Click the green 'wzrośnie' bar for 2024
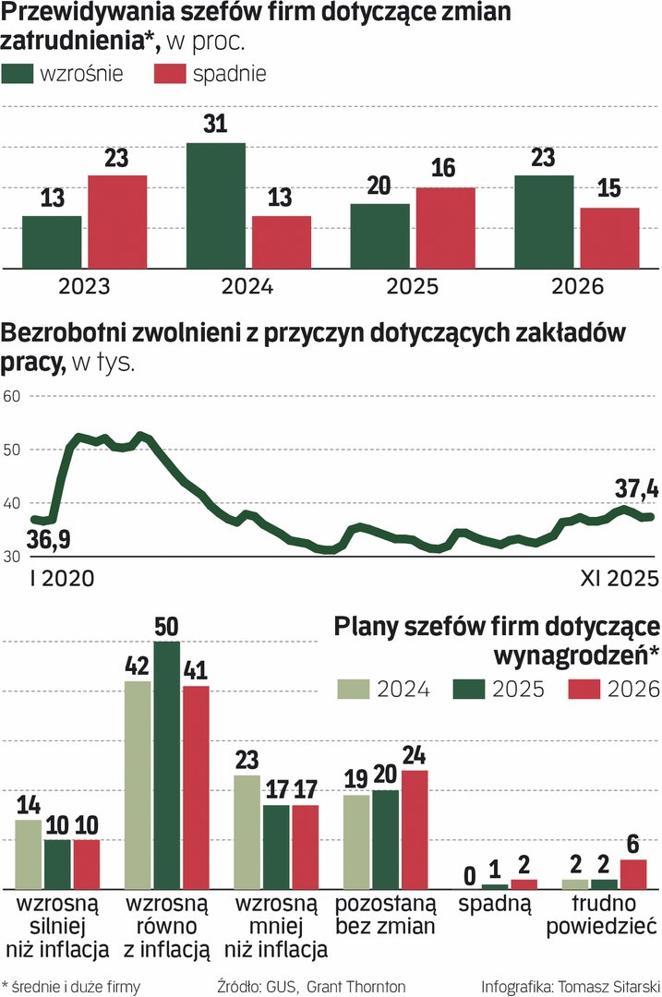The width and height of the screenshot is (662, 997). point(216,206)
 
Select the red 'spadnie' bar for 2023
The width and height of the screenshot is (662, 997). point(117,222)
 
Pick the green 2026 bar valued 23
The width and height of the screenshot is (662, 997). point(544,222)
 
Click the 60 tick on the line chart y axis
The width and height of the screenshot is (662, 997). point(12,396)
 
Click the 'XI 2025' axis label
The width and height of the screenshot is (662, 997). point(619,579)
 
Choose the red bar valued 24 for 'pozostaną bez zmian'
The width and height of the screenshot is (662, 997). point(415,829)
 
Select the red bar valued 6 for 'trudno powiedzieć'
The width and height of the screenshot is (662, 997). point(633,873)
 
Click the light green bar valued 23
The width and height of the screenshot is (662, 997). point(247,832)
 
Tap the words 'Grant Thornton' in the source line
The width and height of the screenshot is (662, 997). point(361,987)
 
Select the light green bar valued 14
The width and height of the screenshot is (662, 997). point(29,854)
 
